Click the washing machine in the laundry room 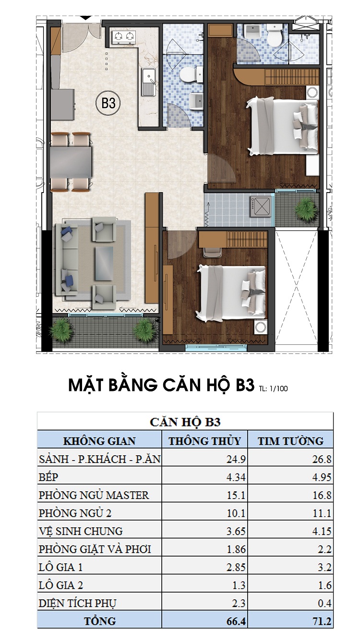261,207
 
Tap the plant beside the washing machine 304,207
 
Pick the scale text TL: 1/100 273,389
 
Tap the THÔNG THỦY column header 204,441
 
